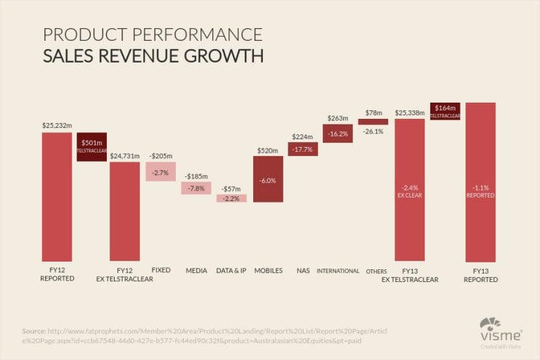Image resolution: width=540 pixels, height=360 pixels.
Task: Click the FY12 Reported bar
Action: (x=57, y=196)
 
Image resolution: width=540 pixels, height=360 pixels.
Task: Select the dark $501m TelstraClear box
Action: (x=91, y=147)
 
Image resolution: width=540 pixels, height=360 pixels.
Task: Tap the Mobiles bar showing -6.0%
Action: (x=268, y=179)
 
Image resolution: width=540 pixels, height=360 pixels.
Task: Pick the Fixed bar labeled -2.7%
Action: (x=160, y=172)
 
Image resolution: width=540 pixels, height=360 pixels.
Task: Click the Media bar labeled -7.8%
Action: (x=196, y=188)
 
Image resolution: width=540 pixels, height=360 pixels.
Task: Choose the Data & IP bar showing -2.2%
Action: (x=231, y=198)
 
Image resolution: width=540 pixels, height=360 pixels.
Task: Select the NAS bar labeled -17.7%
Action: (x=303, y=149)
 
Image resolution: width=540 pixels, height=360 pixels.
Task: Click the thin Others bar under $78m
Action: (x=373, y=122)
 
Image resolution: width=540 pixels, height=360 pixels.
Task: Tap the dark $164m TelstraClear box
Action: (x=444, y=111)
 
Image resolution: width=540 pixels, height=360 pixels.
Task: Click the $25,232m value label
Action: (x=57, y=126)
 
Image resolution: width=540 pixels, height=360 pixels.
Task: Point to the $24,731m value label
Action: (x=124, y=155)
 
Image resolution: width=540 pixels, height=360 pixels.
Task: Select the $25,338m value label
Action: (x=409, y=112)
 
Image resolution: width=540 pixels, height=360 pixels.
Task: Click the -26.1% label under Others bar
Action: (x=373, y=131)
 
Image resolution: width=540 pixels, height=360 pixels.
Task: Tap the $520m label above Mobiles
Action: (x=268, y=150)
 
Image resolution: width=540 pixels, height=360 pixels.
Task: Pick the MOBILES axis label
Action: (x=268, y=271)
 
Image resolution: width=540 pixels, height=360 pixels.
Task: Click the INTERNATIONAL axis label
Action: (x=337, y=271)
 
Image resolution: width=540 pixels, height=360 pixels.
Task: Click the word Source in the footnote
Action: (x=33, y=330)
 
